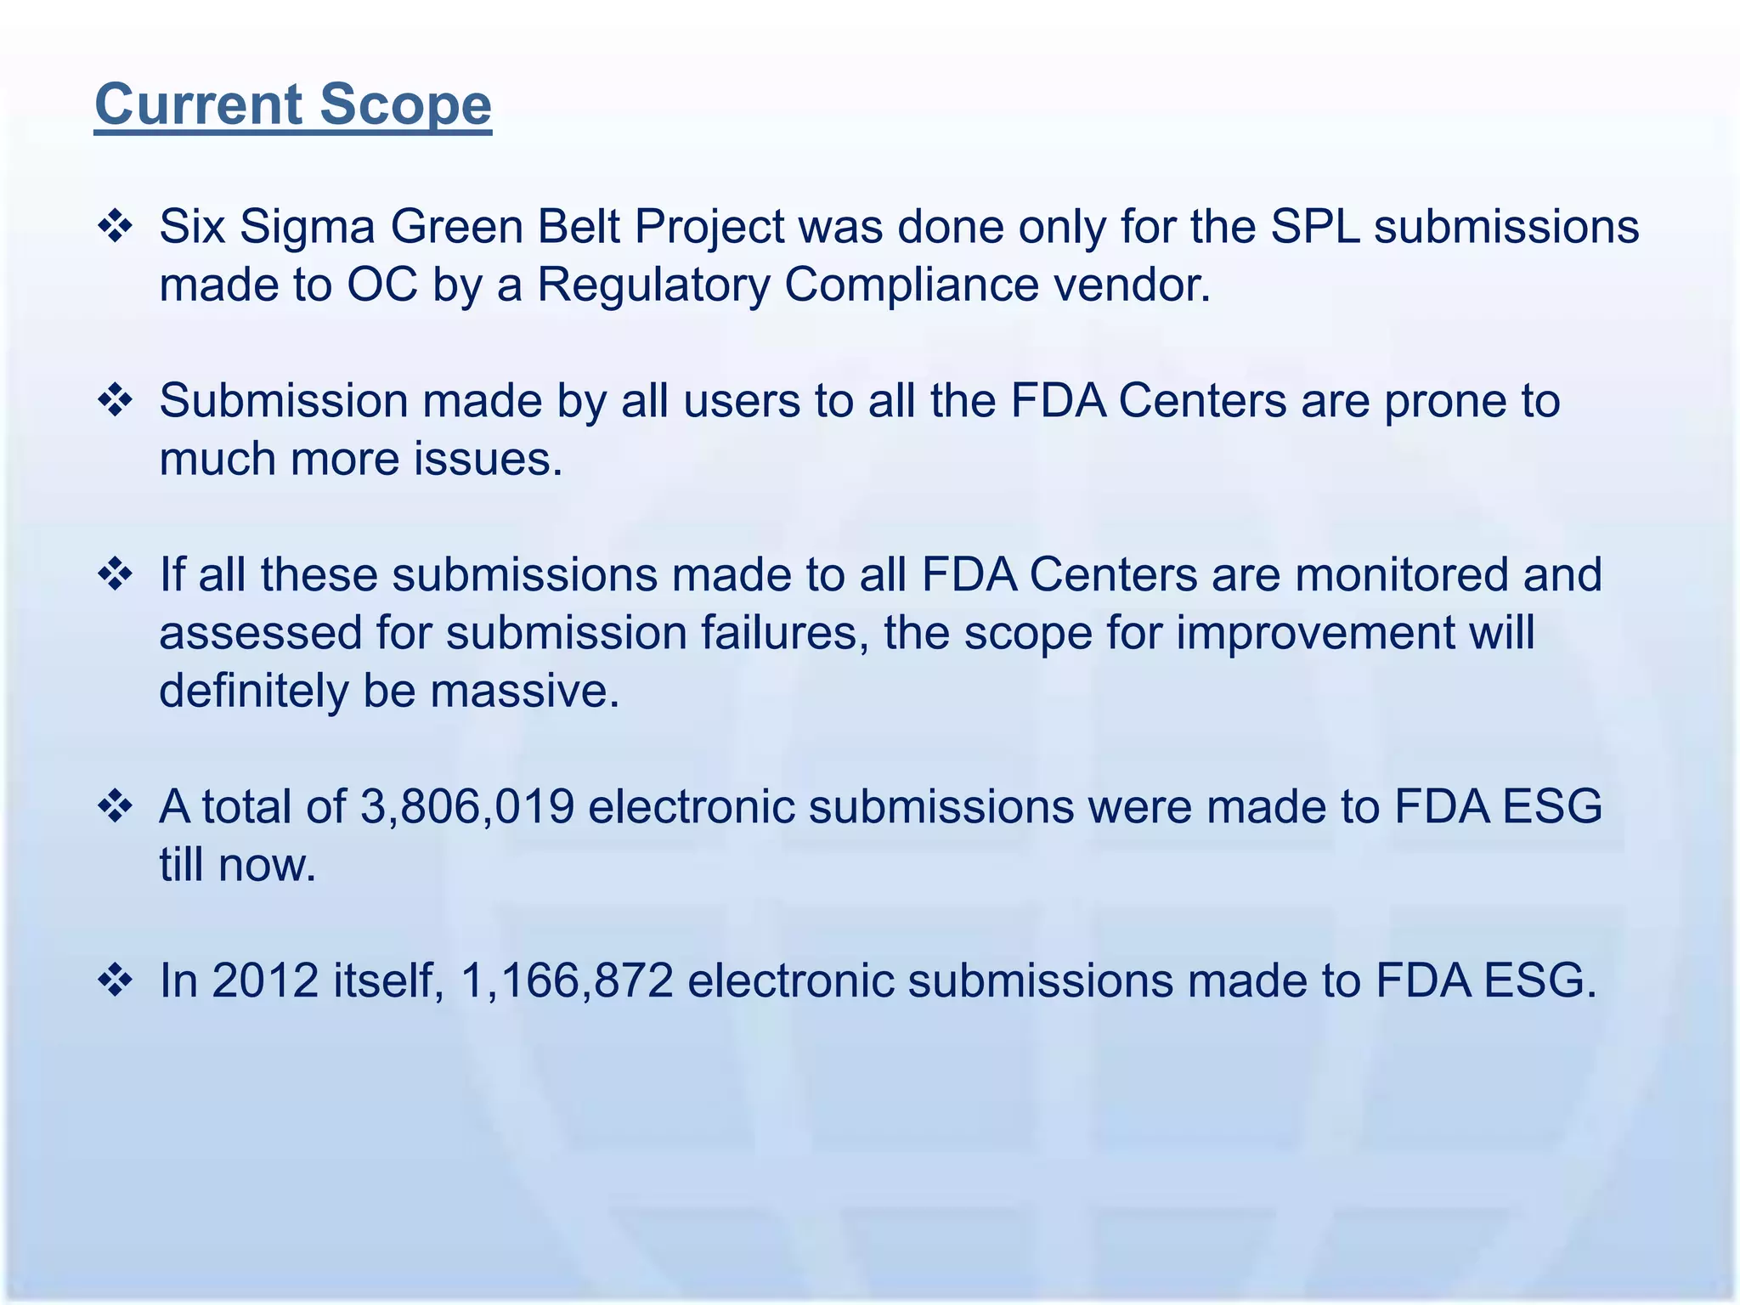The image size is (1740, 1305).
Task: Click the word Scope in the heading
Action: (x=405, y=105)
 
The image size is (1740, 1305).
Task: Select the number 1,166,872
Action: (x=567, y=980)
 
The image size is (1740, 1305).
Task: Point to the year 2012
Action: (x=264, y=980)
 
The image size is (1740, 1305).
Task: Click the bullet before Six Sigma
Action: (x=116, y=227)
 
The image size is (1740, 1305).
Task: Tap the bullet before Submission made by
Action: (x=116, y=400)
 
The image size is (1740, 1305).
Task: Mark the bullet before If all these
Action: (x=116, y=575)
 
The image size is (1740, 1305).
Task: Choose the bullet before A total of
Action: (x=116, y=806)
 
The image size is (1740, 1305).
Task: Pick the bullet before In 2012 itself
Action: (x=116, y=980)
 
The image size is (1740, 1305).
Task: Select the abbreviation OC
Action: (x=382, y=285)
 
